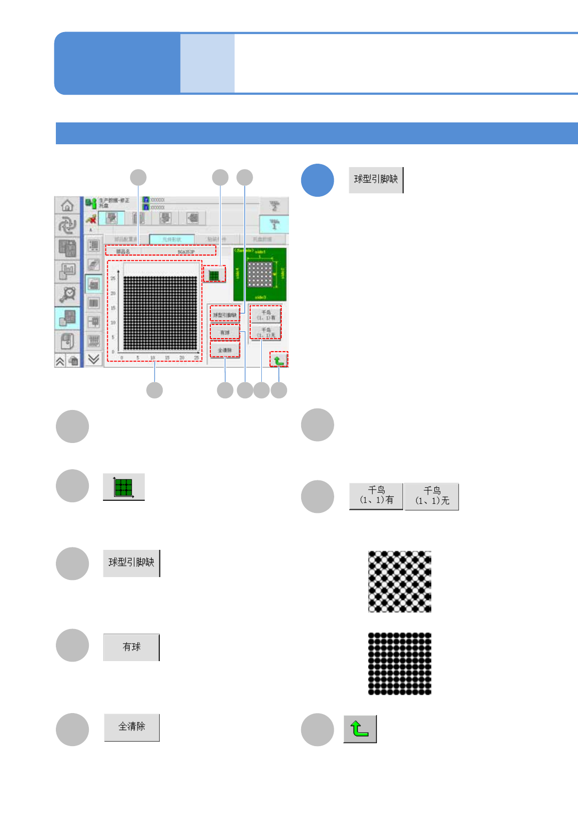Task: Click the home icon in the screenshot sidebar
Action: (67, 205)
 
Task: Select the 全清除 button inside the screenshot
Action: (225, 350)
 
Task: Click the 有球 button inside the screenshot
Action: (225, 332)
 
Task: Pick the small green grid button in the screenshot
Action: (214, 275)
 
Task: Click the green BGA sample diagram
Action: (260, 274)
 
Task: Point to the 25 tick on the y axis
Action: (113, 278)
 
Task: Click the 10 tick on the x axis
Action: (153, 358)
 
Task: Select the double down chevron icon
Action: (94, 359)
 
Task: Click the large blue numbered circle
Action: (317, 180)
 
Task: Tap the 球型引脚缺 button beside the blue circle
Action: (376, 180)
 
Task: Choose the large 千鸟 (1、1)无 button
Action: (432, 496)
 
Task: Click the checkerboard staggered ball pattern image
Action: (400, 581)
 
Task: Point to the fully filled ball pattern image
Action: (400, 664)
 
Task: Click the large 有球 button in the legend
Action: (131, 647)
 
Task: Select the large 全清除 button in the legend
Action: (132, 727)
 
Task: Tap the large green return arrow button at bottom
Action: (360, 729)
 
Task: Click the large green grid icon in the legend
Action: (123, 487)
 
